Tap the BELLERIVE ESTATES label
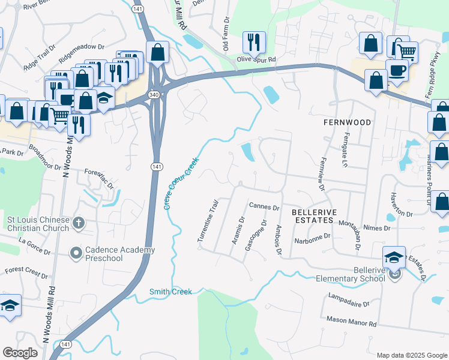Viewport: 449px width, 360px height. (312, 217)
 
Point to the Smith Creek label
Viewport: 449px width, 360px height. (170, 292)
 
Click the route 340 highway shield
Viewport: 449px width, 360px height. (154, 95)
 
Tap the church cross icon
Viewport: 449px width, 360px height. (78, 224)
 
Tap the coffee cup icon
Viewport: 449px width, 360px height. (397, 70)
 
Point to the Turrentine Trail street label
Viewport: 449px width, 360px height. (206, 221)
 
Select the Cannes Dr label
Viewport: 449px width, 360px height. (265, 208)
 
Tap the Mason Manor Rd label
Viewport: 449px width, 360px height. (351, 323)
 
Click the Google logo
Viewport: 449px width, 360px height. (20, 352)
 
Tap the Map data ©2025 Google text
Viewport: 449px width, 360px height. (410, 355)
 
